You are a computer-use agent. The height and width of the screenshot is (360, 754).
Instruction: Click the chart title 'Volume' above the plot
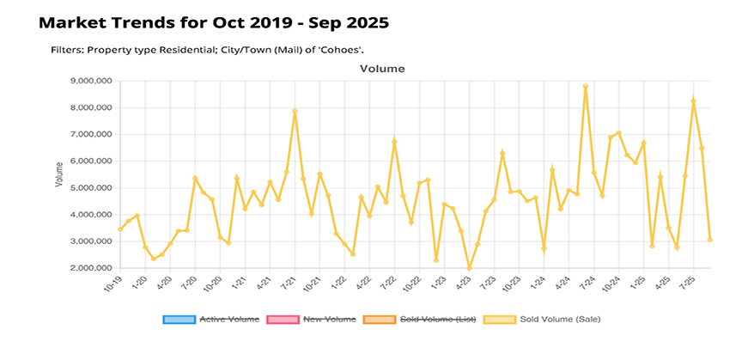pos(382,68)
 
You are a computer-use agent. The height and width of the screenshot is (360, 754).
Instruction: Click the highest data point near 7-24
pos(585,87)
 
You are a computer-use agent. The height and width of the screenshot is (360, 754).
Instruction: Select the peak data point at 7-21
pos(295,111)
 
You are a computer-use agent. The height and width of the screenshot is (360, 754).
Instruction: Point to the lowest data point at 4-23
pos(469,268)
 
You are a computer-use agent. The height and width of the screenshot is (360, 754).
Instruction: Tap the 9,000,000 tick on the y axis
pos(93,82)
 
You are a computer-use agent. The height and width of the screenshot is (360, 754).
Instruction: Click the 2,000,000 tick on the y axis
pos(93,268)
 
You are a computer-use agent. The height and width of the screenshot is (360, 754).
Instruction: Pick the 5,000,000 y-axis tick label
pos(93,188)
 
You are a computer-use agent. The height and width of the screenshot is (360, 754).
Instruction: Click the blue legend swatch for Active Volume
pos(179,320)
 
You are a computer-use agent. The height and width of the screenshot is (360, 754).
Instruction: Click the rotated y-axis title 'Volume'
pos(59,175)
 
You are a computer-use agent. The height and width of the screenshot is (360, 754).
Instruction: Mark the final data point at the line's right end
pos(709,240)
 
